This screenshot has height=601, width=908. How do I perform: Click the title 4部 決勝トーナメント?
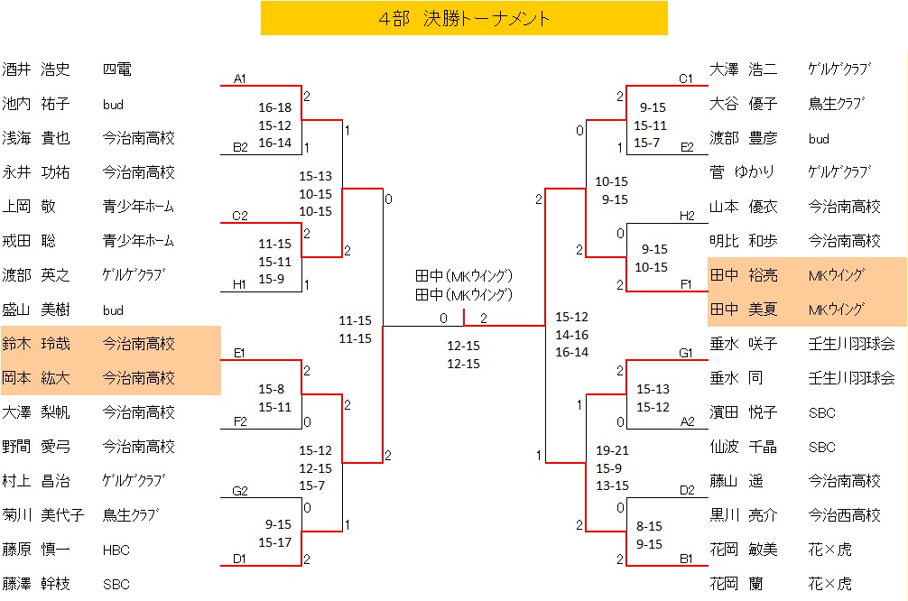[464, 18]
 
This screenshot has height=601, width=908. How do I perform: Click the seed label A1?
[239, 79]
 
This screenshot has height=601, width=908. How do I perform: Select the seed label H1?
[239, 284]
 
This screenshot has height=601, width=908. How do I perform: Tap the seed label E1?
[239, 353]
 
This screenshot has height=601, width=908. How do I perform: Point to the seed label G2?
[239, 491]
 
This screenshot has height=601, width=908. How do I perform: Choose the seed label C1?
[686, 79]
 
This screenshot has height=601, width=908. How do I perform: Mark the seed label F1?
[686, 284]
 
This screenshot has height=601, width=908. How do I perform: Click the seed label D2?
[686, 490]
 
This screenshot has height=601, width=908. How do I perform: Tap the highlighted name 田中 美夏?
[744, 310]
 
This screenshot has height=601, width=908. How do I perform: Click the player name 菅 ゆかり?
[744, 172]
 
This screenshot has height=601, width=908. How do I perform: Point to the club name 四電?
[117, 69]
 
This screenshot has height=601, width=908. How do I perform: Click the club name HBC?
[117, 550]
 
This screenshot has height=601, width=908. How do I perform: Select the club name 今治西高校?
[843, 515]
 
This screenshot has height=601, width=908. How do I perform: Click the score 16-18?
[274, 107]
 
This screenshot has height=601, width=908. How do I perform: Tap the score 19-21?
[612, 450]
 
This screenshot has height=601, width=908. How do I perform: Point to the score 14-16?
[571, 335]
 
